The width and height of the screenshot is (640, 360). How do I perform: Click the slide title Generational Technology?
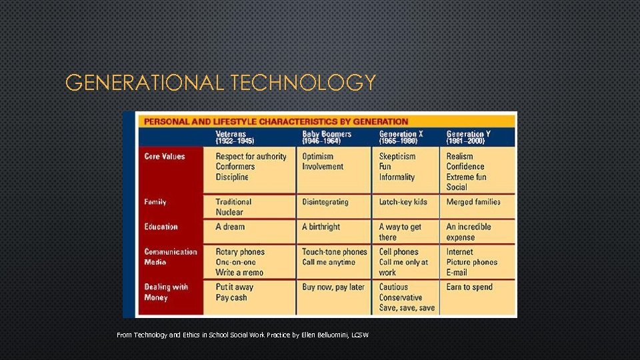pyautogui.click(x=221, y=83)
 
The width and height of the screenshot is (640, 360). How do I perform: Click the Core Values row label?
pyautogui.click(x=165, y=157)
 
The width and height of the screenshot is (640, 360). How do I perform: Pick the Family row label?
pyautogui.click(x=155, y=202)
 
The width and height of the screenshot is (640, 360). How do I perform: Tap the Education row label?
pyautogui.click(x=161, y=227)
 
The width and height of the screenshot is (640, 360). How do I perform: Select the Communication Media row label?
pyautogui.click(x=171, y=257)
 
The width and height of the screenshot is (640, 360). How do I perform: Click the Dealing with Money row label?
pyautogui.click(x=166, y=292)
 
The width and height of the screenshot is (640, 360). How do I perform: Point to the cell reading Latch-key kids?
pyautogui.click(x=403, y=202)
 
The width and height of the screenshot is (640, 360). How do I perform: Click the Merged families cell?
pyautogui.click(x=473, y=202)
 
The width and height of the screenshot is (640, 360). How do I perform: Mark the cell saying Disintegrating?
pyautogui.click(x=325, y=202)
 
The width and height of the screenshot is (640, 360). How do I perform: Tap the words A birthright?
pyautogui.click(x=321, y=227)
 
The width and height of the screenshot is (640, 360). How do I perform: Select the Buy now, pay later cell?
pyautogui.click(x=333, y=287)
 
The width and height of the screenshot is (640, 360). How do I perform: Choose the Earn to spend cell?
pyautogui.click(x=469, y=287)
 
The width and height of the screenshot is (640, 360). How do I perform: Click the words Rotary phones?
pyautogui.click(x=240, y=252)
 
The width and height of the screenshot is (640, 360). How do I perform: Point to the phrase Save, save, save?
pyautogui.click(x=407, y=308)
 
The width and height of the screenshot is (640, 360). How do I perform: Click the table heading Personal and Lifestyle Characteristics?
pyautogui.click(x=276, y=121)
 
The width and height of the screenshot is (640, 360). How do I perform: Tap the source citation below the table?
pyautogui.click(x=243, y=335)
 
